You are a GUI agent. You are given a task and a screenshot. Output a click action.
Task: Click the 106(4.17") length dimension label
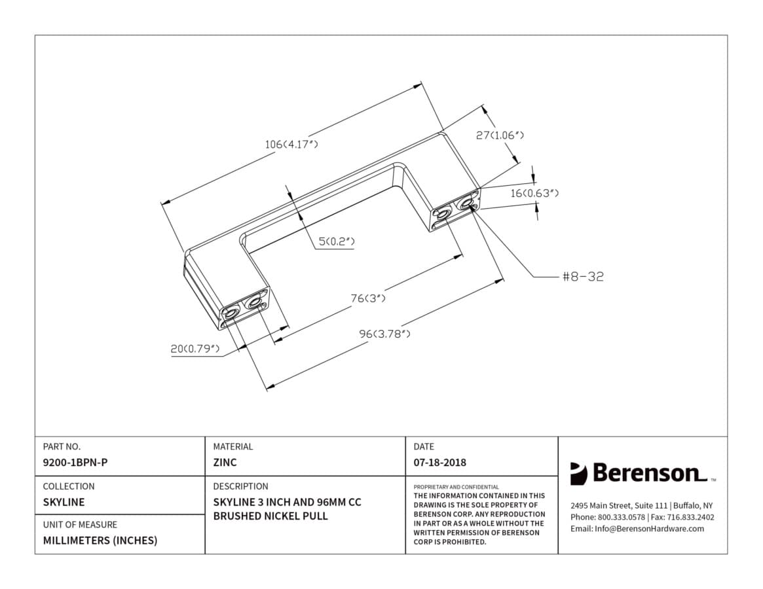(x=291, y=144)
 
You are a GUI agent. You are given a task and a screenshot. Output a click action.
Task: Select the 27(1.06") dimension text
(x=500, y=135)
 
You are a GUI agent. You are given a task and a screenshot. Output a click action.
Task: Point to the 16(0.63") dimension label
(x=534, y=193)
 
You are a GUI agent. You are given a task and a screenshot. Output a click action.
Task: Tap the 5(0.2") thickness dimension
(x=336, y=241)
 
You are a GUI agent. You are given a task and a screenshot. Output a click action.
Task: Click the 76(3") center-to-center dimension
(x=368, y=298)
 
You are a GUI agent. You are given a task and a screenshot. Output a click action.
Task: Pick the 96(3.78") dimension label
(x=384, y=334)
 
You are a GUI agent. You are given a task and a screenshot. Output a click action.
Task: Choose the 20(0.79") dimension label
(x=195, y=349)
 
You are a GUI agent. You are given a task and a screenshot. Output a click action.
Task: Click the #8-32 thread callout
(x=583, y=277)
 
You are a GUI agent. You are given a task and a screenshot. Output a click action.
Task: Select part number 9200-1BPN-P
(x=75, y=463)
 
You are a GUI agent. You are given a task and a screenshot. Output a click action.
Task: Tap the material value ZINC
(x=225, y=463)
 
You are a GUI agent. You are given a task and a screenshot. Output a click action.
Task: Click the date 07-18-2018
(x=440, y=463)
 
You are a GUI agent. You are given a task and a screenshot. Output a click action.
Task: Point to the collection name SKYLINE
(x=64, y=502)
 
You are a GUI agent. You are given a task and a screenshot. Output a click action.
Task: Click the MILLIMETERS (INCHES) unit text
(x=100, y=541)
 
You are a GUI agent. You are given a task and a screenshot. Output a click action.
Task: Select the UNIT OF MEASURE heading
(x=81, y=525)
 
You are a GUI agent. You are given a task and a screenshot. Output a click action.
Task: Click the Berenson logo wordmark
(x=648, y=473)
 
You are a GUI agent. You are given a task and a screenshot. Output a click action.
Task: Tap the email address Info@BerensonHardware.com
(x=649, y=529)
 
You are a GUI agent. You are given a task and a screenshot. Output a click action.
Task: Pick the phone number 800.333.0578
(x=622, y=517)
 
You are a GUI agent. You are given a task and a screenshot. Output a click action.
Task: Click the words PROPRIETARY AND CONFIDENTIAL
(x=456, y=487)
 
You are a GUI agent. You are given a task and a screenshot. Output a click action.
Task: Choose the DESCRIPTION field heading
(x=241, y=486)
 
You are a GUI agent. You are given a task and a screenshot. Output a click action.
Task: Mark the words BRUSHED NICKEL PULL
(x=270, y=516)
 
